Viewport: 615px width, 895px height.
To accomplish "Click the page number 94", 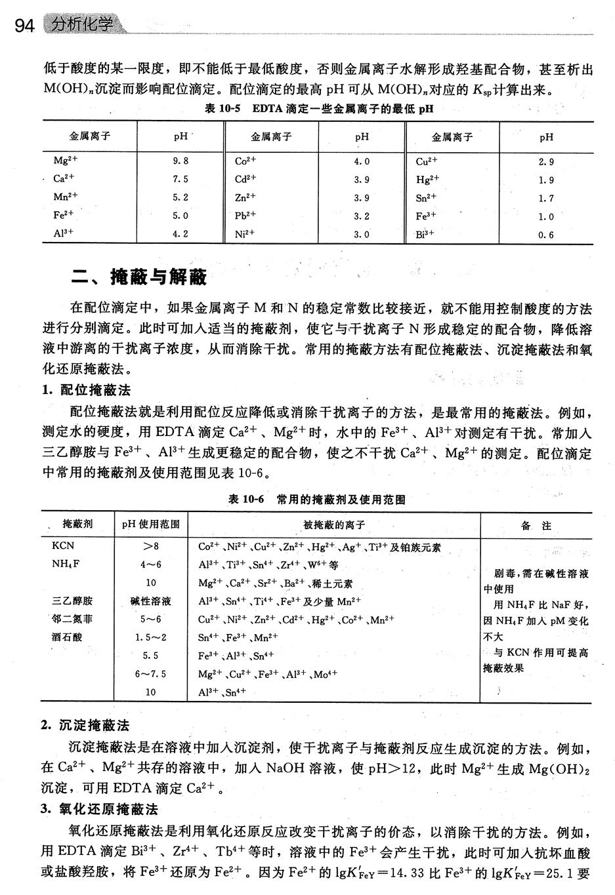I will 24,26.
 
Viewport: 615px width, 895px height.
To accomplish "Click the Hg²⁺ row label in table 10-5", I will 427,179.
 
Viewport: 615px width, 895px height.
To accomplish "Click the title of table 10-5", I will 319,109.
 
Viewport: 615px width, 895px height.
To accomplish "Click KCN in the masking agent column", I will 63,546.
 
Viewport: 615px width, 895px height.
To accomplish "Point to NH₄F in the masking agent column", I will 66,564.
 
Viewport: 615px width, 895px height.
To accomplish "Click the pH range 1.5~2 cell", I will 151,637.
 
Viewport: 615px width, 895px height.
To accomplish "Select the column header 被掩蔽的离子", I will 334,525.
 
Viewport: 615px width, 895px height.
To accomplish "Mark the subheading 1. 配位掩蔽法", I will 86,391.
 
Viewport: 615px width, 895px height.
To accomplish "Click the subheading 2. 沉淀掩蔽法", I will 85,725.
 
